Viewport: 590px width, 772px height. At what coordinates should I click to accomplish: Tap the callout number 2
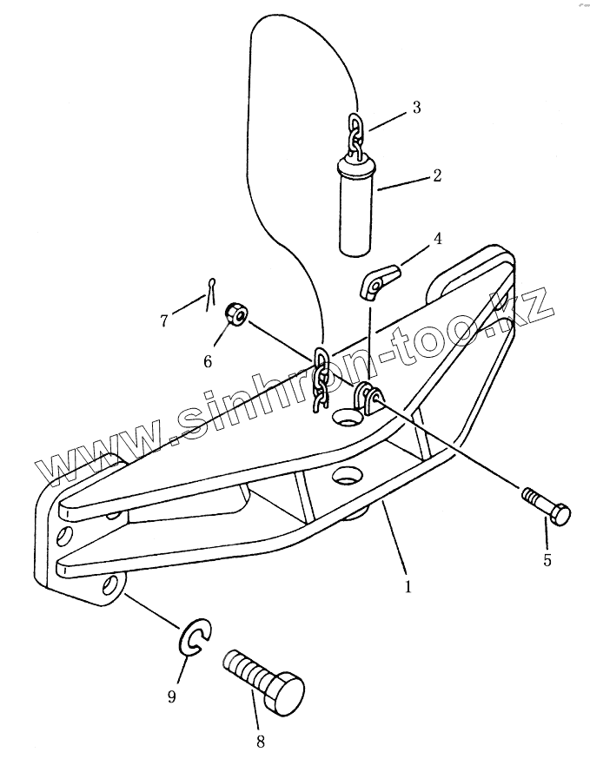[436, 175]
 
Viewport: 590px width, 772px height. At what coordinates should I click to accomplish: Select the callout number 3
[416, 108]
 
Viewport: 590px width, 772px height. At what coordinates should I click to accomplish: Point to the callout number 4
[437, 238]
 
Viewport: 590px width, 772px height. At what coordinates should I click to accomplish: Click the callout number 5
[547, 560]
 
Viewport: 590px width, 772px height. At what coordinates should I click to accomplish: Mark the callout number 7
[163, 320]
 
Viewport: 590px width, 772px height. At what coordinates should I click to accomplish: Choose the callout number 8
[261, 742]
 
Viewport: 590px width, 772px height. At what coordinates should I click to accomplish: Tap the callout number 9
[172, 696]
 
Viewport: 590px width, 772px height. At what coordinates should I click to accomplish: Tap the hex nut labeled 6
[236, 314]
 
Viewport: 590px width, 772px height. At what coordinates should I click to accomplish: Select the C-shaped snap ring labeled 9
[196, 639]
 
